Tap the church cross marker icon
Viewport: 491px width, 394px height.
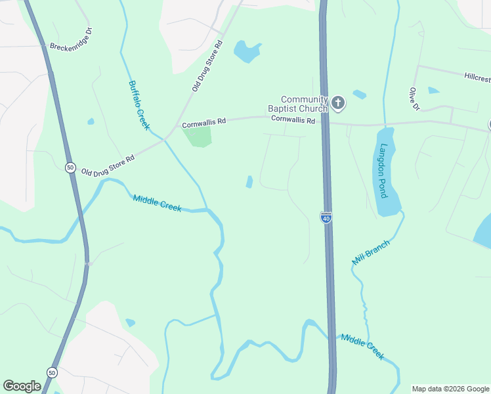(338, 102)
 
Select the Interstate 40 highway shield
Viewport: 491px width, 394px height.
(326, 217)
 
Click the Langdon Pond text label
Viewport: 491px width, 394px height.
(383, 171)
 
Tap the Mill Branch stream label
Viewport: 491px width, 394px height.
(371, 252)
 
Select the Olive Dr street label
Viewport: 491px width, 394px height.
(414, 98)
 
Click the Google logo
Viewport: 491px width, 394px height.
(22, 386)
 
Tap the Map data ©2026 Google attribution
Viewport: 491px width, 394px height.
(450, 389)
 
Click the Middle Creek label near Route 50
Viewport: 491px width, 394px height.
(157, 203)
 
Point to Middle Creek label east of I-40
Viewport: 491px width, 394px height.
(362, 345)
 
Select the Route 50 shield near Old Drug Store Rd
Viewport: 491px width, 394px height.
(70, 167)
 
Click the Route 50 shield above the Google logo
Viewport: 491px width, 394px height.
(52, 372)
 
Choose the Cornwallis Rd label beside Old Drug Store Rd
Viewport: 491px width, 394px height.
(203, 122)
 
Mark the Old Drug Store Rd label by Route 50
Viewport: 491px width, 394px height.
(108, 165)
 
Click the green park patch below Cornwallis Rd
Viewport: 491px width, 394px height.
(198, 137)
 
